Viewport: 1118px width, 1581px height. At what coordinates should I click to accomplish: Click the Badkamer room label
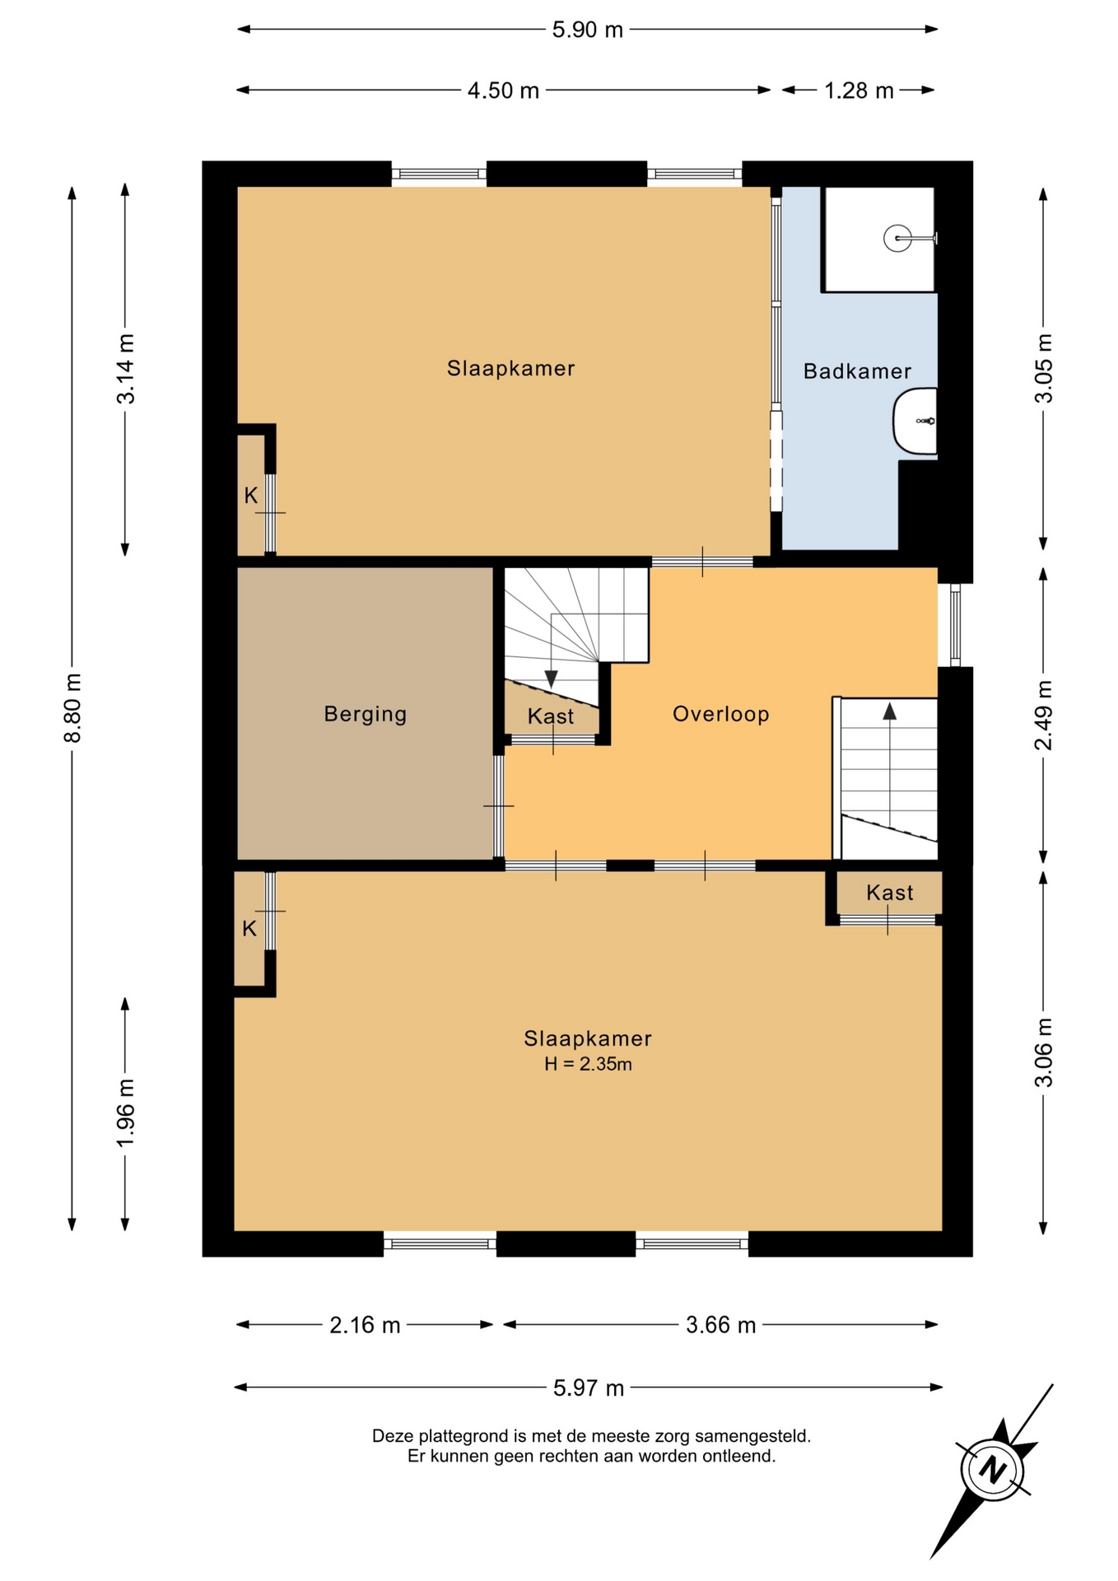[x=857, y=371]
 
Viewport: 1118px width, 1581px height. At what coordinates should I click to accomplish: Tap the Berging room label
[x=366, y=714]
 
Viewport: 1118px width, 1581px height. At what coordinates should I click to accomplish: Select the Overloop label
[x=721, y=714]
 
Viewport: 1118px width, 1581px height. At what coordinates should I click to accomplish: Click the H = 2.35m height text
[x=588, y=1064]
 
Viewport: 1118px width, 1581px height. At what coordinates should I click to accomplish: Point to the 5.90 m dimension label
[x=588, y=30]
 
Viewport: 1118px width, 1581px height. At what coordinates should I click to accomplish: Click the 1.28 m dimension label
[x=859, y=90]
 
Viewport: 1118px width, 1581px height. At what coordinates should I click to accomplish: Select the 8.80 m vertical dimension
[x=73, y=707]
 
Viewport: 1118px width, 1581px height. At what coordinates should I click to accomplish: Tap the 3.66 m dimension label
[x=720, y=1325]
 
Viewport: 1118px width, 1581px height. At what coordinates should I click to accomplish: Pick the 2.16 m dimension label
[x=365, y=1325]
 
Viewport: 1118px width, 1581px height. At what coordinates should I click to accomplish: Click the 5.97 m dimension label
[x=589, y=1388]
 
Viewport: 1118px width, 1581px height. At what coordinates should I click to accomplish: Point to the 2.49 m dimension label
[x=1043, y=716]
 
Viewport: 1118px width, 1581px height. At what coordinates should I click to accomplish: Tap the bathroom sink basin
[x=915, y=421]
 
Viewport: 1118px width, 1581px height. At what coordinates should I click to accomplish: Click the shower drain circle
[x=897, y=239]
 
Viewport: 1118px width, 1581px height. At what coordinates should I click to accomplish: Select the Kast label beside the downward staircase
[x=551, y=716]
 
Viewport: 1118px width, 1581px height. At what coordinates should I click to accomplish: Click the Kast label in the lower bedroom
[x=890, y=893]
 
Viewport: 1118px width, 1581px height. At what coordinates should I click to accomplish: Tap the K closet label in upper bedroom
[x=251, y=496]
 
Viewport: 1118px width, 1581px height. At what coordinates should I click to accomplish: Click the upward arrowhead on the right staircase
[x=889, y=711]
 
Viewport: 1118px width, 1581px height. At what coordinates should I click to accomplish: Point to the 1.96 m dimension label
[x=125, y=1112]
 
